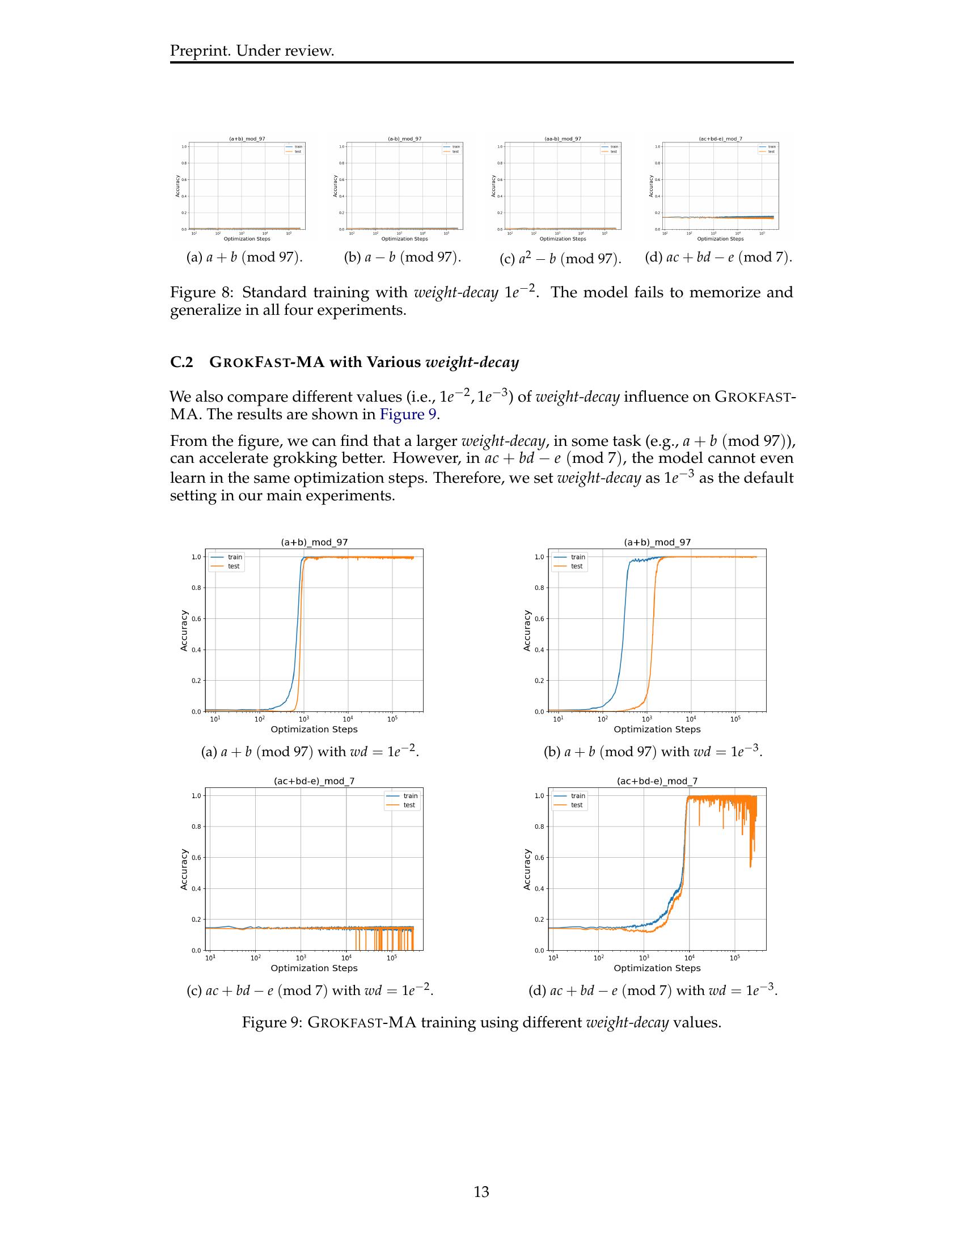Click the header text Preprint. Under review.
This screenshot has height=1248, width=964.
[x=252, y=51]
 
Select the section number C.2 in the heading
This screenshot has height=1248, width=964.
[x=181, y=362]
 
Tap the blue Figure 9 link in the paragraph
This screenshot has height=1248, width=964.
[x=408, y=414]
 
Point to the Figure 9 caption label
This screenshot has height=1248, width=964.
[x=270, y=1022]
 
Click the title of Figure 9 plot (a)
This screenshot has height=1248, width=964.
[x=314, y=542]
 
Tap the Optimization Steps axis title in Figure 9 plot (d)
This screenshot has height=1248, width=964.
[x=657, y=968]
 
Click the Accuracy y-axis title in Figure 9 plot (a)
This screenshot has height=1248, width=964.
[x=184, y=630]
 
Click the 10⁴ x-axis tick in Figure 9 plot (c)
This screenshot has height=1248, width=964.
[x=346, y=958]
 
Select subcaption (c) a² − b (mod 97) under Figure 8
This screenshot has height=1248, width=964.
[x=560, y=259]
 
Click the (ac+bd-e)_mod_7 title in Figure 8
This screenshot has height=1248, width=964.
[x=720, y=139]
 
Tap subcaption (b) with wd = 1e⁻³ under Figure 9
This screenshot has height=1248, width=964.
[x=653, y=752]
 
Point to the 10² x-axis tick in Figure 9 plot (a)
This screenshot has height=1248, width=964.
[x=259, y=719]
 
